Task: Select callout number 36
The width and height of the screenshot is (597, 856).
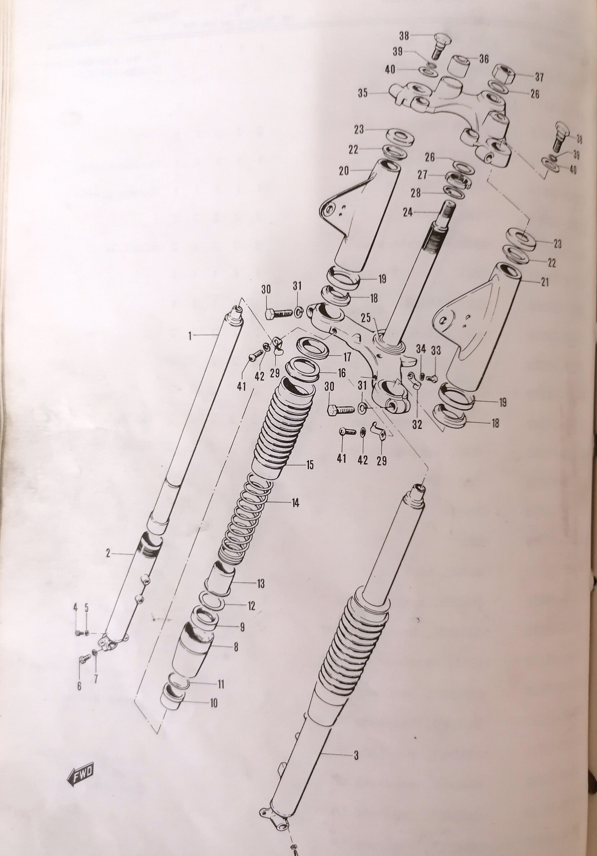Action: [x=484, y=59]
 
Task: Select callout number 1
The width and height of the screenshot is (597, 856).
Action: [x=190, y=336]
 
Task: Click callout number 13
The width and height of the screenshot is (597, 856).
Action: [x=260, y=584]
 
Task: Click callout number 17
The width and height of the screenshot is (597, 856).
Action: [x=347, y=357]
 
